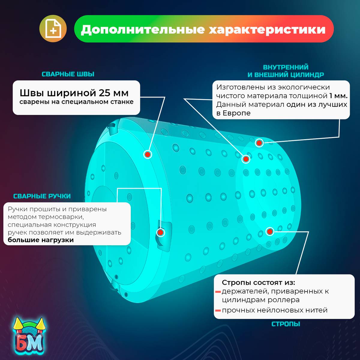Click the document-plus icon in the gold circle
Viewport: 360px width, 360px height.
tap(53, 29)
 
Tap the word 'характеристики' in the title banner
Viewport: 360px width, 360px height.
tap(267, 29)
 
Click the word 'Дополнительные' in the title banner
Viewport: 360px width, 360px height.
tap(143, 29)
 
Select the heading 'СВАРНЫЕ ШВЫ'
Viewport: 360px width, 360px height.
tap(68, 74)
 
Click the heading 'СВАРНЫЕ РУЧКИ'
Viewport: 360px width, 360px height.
tap(42, 196)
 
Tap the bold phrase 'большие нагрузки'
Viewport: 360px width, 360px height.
tap(40, 240)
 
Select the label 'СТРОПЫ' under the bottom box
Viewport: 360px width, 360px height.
tap(286, 324)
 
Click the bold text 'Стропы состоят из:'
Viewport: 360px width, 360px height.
tap(258, 283)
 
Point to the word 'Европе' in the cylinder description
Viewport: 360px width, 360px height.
tap(237, 113)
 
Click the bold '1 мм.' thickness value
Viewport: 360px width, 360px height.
tap(338, 96)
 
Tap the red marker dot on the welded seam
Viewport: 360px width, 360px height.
tap(148, 154)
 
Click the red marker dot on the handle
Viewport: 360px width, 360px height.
tap(160, 232)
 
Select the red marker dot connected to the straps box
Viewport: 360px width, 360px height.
tap(270, 231)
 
